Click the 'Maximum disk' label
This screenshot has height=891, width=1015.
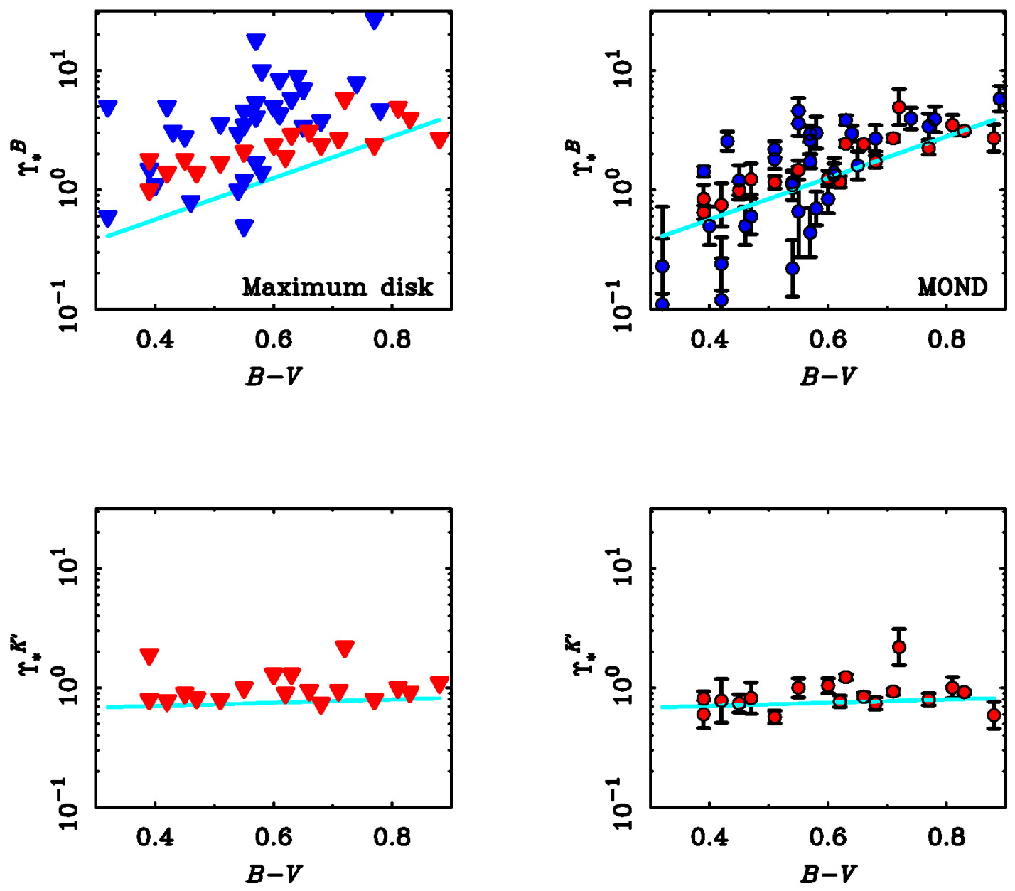pyautogui.click(x=337, y=287)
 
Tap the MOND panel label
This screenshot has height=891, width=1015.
pyautogui.click(x=952, y=287)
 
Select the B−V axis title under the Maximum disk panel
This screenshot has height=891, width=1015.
pyautogui.click(x=274, y=375)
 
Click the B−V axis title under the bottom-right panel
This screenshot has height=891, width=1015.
pyautogui.click(x=828, y=873)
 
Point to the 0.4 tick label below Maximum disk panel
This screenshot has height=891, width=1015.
pyautogui.click(x=155, y=340)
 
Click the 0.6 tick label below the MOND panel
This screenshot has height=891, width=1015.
pyautogui.click(x=827, y=340)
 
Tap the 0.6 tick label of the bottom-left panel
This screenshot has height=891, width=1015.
pyautogui.click(x=274, y=837)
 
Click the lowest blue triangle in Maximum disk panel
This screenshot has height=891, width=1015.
pyautogui.click(x=244, y=228)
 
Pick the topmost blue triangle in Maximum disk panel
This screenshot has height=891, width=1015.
pyautogui.click(x=374, y=20)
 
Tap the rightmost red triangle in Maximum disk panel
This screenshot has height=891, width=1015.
pyautogui.click(x=439, y=140)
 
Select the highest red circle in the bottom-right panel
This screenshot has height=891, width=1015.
pyautogui.click(x=899, y=647)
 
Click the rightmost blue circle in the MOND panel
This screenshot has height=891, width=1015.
pyautogui.click(x=999, y=100)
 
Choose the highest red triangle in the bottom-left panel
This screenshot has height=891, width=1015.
pyautogui.click(x=345, y=649)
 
